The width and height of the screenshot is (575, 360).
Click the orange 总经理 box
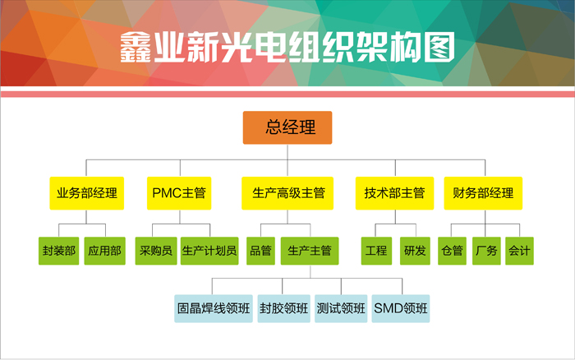pyautogui.click(x=287, y=127)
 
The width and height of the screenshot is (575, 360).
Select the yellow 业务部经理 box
pyautogui.click(x=87, y=193)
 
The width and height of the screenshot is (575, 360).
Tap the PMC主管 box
pyautogui.click(x=179, y=193)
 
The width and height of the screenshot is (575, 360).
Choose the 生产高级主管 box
pyautogui.click(x=287, y=193)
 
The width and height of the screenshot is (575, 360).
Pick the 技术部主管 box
pyautogui.click(x=394, y=193)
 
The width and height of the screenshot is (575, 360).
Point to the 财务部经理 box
pyautogui.click(x=483, y=193)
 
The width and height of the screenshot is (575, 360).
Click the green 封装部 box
pyautogui.click(x=58, y=251)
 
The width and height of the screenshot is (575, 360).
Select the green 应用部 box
pyautogui.click(x=105, y=251)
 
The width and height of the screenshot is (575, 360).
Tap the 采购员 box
pyautogui.click(x=156, y=251)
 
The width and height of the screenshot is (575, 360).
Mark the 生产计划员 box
pyautogui.click(x=209, y=251)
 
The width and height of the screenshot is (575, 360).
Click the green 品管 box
pyautogui.click(x=260, y=251)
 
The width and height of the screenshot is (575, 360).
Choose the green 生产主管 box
pyautogui.click(x=310, y=251)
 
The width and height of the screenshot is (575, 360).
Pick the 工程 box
pyautogui.click(x=376, y=251)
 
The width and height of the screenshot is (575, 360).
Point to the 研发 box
pyautogui.click(x=415, y=251)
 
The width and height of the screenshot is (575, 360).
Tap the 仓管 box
pyautogui.click(x=452, y=251)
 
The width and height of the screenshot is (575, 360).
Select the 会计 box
pyautogui.click(x=519, y=251)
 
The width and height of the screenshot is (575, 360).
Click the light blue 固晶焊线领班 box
pyautogui.click(x=214, y=308)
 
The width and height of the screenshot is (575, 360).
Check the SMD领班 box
pyautogui.click(x=401, y=308)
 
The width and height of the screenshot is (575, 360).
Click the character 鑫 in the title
pyautogui.click(x=136, y=47)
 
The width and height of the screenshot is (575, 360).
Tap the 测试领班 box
pyautogui.click(x=341, y=308)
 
